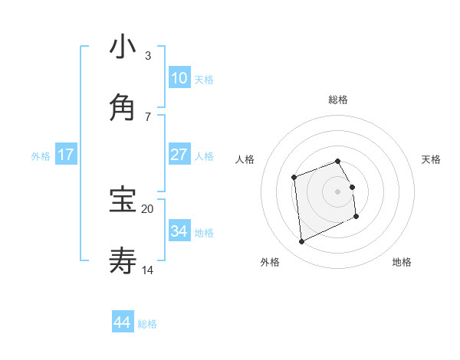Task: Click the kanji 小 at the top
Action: (123, 47)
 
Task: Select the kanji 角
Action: (123, 108)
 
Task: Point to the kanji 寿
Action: (123, 260)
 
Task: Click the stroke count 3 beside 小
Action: (148, 56)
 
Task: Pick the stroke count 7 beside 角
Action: (148, 116)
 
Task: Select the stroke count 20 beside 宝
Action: (148, 208)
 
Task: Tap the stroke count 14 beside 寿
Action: (148, 270)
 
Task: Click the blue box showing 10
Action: (179, 78)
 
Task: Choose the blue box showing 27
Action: (179, 155)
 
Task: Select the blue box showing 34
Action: (179, 231)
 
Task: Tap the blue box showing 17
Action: (66, 155)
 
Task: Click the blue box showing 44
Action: (123, 322)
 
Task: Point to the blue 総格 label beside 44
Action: (147, 324)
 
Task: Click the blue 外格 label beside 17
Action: (41, 155)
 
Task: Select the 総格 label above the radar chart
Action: (338, 100)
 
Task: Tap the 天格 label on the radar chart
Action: (432, 159)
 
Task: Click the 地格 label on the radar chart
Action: (402, 262)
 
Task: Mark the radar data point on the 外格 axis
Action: (302, 242)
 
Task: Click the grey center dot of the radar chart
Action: (338, 191)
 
